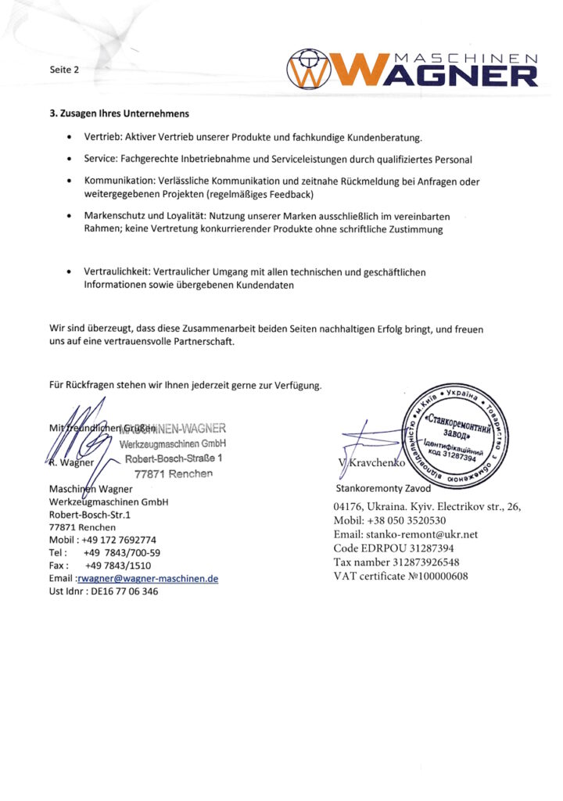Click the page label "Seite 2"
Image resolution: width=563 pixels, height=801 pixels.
65,70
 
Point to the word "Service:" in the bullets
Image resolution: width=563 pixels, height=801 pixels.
101,160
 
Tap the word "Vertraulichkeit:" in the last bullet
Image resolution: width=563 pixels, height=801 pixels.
118,272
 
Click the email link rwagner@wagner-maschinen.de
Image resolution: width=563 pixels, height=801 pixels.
147,579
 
